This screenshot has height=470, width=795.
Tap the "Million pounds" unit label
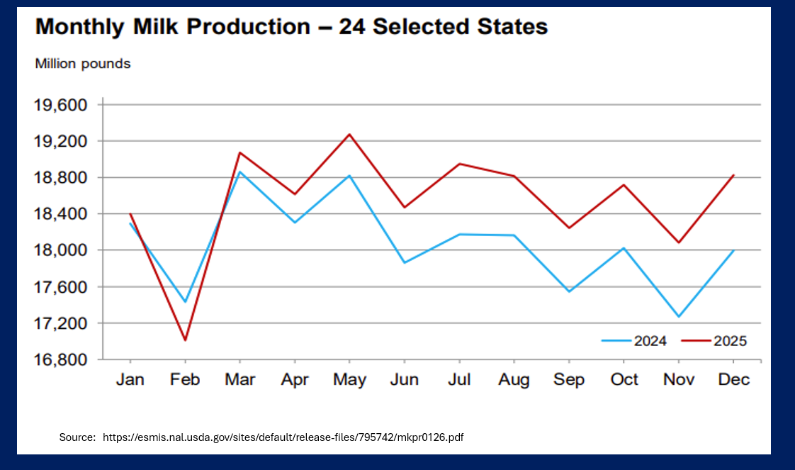pos(83,64)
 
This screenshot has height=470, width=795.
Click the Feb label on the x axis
pos(185,380)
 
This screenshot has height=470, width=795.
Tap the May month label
pos(349,380)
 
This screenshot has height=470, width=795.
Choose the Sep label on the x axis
pos(568,380)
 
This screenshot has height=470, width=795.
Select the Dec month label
pos(733,380)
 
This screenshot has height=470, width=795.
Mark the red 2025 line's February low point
pos(185,340)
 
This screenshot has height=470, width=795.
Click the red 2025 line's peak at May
pos(349,134)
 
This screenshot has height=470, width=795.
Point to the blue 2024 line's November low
pos(678,317)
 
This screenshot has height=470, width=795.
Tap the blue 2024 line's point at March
pos(240,172)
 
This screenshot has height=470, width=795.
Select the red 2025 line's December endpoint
pos(733,175)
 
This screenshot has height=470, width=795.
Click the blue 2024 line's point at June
pos(404,263)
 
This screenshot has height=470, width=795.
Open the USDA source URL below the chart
pos(283,437)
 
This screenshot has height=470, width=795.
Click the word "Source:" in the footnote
pos(77,437)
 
